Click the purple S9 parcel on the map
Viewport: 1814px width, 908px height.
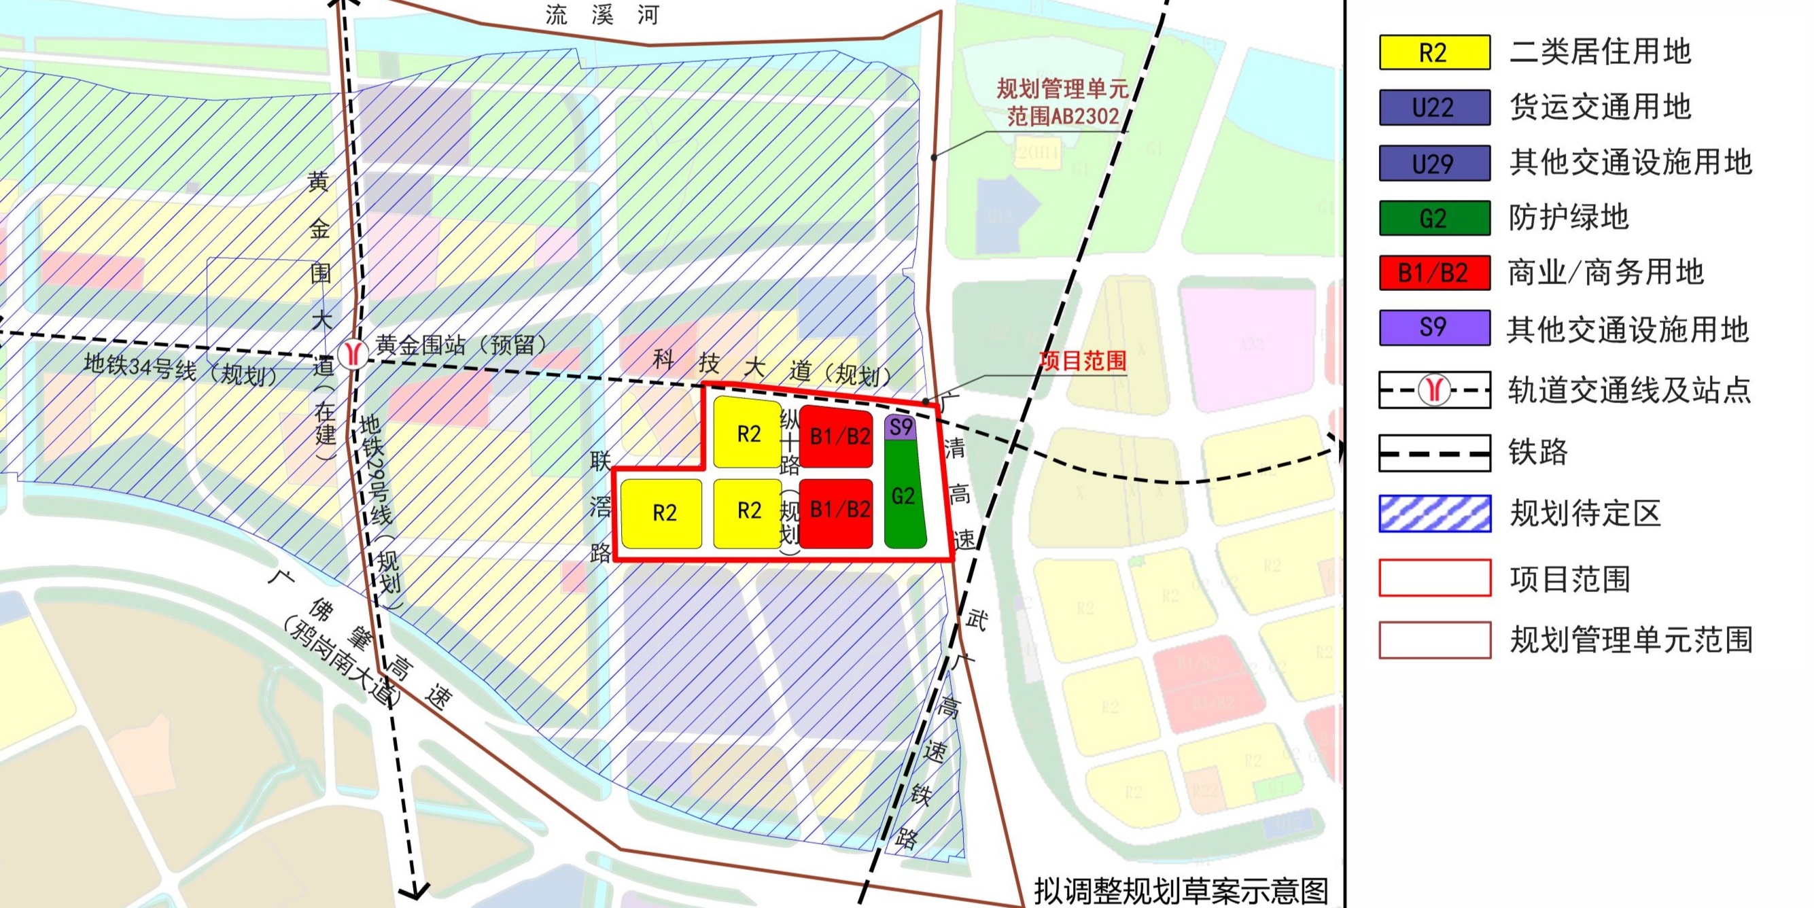click(901, 427)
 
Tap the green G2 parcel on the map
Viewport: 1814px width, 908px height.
click(904, 495)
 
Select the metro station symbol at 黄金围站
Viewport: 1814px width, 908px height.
click(352, 353)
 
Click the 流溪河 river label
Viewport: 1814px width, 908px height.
click(602, 15)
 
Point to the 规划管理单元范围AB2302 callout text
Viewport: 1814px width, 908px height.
click(1062, 102)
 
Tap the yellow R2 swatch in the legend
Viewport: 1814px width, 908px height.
click(1434, 53)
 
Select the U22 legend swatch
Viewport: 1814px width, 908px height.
click(1434, 108)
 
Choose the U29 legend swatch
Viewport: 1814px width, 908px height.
click(1434, 163)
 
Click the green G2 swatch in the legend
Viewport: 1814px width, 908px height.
click(1434, 218)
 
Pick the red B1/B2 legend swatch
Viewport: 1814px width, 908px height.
click(1434, 273)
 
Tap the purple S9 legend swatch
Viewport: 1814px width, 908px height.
click(1434, 328)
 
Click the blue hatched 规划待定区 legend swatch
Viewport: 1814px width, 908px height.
click(1434, 514)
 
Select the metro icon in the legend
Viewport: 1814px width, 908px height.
click(1434, 390)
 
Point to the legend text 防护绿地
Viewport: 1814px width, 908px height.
click(1569, 217)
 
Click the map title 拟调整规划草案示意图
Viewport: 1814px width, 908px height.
click(1181, 890)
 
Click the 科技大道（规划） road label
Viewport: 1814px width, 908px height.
click(772, 367)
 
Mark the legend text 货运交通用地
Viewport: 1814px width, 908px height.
click(1600, 107)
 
